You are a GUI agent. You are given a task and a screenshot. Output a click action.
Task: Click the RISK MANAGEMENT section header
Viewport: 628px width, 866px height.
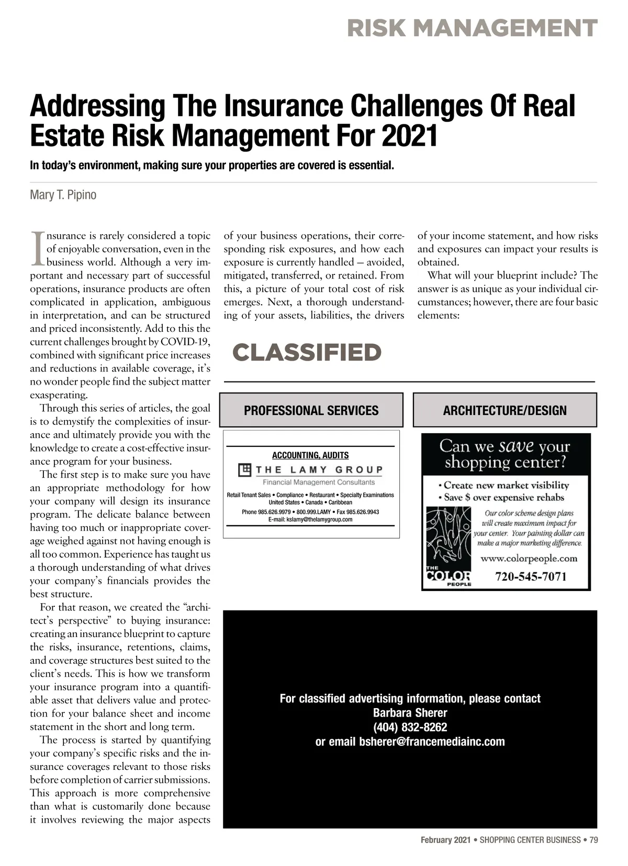(x=472, y=28)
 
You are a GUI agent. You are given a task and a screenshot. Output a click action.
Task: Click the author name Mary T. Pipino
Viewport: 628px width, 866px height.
(x=63, y=195)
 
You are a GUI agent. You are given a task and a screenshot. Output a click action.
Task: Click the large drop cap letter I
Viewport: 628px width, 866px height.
(x=37, y=248)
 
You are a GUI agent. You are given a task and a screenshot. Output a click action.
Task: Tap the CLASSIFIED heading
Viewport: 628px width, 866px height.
(x=307, y=352)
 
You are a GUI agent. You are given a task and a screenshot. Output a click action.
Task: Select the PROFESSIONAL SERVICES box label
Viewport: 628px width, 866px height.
(x=311, y=410)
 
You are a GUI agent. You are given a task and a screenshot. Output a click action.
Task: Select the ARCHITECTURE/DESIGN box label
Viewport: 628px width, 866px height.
(x=504, y=410)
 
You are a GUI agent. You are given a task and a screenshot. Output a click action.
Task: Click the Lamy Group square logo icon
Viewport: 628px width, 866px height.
(x=244, y=470)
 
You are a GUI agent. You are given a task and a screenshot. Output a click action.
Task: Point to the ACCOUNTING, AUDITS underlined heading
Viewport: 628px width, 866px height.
(x=310, y=455)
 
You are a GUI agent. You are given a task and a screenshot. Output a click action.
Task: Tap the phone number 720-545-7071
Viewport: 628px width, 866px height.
(x=531, y=576)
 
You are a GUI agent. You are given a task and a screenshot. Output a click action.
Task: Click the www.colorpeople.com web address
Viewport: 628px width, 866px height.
(x=529, y=558)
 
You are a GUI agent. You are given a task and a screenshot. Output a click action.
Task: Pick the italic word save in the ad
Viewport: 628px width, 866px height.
(x=516, y=446)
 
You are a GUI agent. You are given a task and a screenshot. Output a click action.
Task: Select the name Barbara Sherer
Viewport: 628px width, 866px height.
(x=410, y=712)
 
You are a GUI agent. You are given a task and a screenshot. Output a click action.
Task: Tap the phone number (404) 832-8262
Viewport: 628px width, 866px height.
(x=410, y=727)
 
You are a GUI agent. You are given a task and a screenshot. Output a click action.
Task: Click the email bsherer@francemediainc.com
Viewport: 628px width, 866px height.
(x=432, y=742)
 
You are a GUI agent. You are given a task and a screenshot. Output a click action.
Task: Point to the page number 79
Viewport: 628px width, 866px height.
(x=593, y=840)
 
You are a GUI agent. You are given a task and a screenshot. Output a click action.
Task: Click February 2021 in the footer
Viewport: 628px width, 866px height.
(x=445, y=840)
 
